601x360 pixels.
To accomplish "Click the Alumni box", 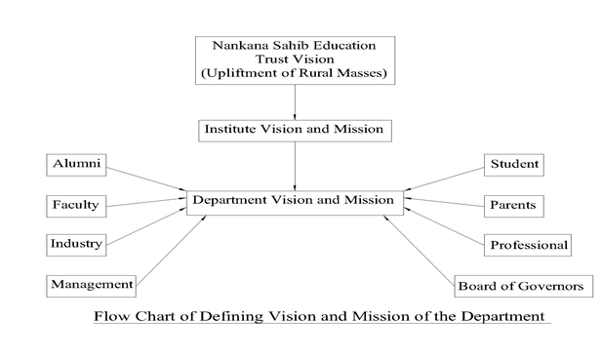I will [77, 165].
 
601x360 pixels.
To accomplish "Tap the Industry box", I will [77, 243].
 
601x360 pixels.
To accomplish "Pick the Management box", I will [91, 284].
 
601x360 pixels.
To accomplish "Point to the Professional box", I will [529, 244].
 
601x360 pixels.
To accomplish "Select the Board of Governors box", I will [523, 286].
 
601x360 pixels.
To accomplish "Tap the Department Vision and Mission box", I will [294, 201].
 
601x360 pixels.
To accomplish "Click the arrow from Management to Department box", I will [172, 248].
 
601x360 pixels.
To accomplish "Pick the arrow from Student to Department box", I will [445, 179].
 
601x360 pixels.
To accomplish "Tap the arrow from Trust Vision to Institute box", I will [295, 101].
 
